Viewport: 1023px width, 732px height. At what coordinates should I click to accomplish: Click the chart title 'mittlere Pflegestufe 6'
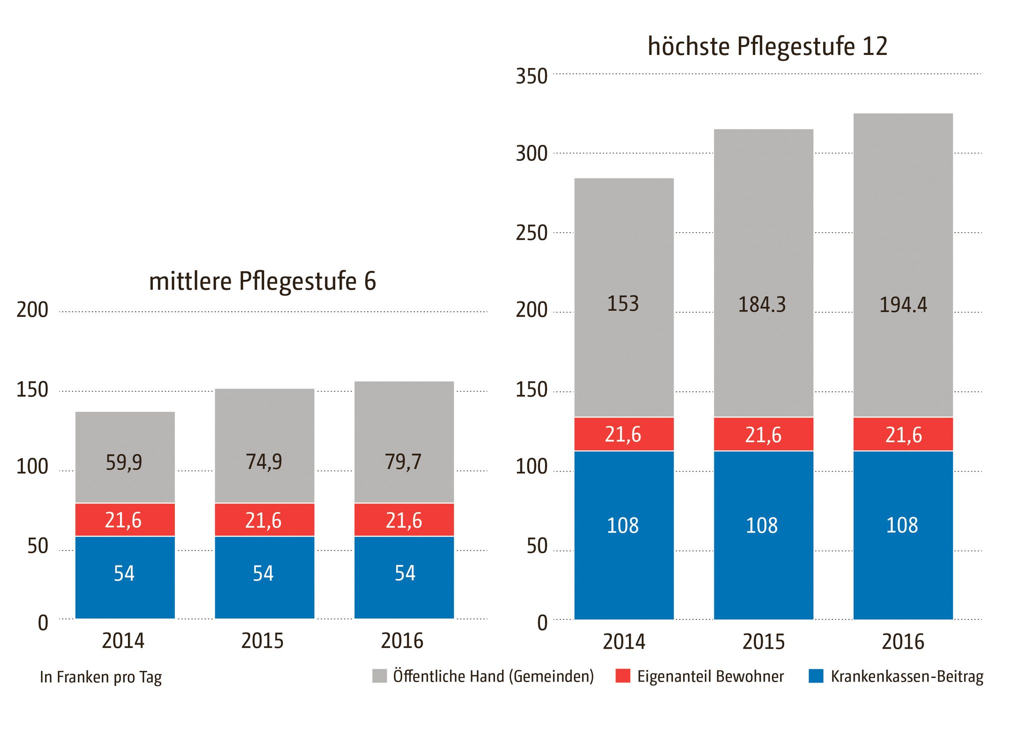pos(262,281)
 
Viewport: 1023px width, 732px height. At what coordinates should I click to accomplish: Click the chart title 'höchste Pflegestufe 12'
pos(767,46)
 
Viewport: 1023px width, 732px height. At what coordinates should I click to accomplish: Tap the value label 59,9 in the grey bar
pos(124,462)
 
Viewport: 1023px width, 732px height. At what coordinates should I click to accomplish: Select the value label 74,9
pos(264,461)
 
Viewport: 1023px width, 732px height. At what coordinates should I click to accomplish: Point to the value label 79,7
pos(403,461)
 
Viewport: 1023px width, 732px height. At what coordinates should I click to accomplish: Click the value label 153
pos(623,304)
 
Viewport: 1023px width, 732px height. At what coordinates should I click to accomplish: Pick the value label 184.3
pos(762,305)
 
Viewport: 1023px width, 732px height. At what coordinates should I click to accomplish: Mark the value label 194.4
pos(903,305)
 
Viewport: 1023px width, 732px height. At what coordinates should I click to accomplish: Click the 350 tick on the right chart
pos(531,76)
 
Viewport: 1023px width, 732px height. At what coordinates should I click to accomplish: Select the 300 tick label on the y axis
pos(531,154)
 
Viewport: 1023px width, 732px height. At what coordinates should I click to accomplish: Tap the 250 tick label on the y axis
pos(531,233)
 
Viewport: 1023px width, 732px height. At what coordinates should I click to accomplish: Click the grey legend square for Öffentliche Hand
pos(380,676)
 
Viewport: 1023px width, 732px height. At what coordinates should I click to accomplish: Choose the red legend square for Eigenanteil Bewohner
pos(623,676)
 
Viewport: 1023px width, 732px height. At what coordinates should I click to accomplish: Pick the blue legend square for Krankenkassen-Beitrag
pos(816,676)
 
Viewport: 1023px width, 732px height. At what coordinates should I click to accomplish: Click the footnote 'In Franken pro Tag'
pos(101,677)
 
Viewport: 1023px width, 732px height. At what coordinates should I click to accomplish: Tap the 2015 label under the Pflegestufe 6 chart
pos(262,641)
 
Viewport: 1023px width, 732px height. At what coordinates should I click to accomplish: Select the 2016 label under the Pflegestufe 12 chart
pos(903,642)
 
